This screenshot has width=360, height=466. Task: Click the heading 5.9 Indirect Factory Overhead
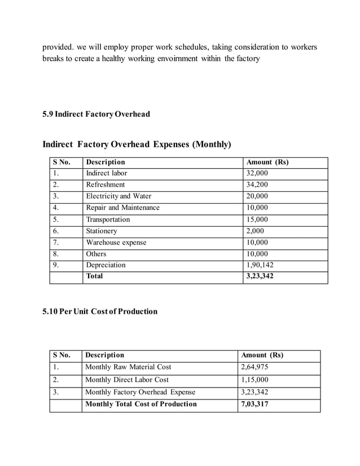tap(96, 115)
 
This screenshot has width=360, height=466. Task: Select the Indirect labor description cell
tap(107, 173)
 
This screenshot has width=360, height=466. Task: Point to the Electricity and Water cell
tap(118, 196)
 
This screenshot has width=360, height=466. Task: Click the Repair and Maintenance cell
tap(122, 208)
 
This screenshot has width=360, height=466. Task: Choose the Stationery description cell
tap(102, 231)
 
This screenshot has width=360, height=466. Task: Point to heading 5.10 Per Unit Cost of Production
tap(100, 311)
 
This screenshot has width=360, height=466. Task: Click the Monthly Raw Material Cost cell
tap(128, 367)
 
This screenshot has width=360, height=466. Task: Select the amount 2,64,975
tap(254, 367)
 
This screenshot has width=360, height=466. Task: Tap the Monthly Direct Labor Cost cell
tap(127, 380)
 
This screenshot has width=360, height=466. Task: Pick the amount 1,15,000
tap(254, 380)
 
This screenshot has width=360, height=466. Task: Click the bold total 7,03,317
tap(254, 404)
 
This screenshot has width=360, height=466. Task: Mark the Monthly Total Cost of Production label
tap(141, 404)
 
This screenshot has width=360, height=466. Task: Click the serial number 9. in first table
tap(56, 265)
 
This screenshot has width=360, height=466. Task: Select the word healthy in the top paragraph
tap(107, 59)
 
